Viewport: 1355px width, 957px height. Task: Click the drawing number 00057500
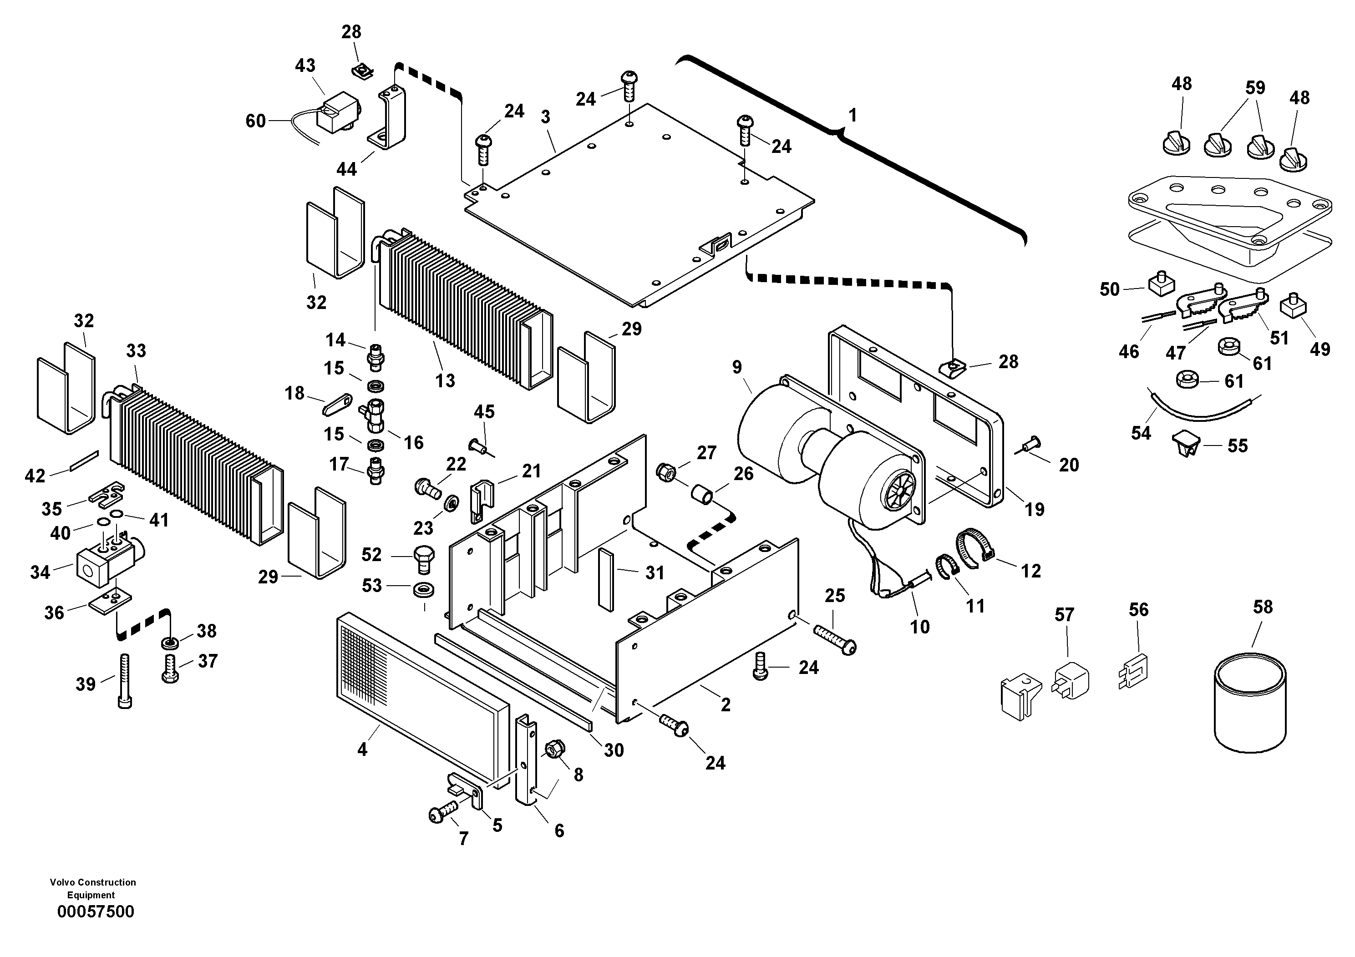(x=96, y=911)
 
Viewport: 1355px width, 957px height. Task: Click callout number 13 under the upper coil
(x=445, y=380)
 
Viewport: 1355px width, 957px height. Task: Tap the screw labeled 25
(x=834, y=639)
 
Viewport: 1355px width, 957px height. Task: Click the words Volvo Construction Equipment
(x=93, y=888)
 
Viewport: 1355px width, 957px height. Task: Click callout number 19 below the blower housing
(x=1034, y=509)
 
